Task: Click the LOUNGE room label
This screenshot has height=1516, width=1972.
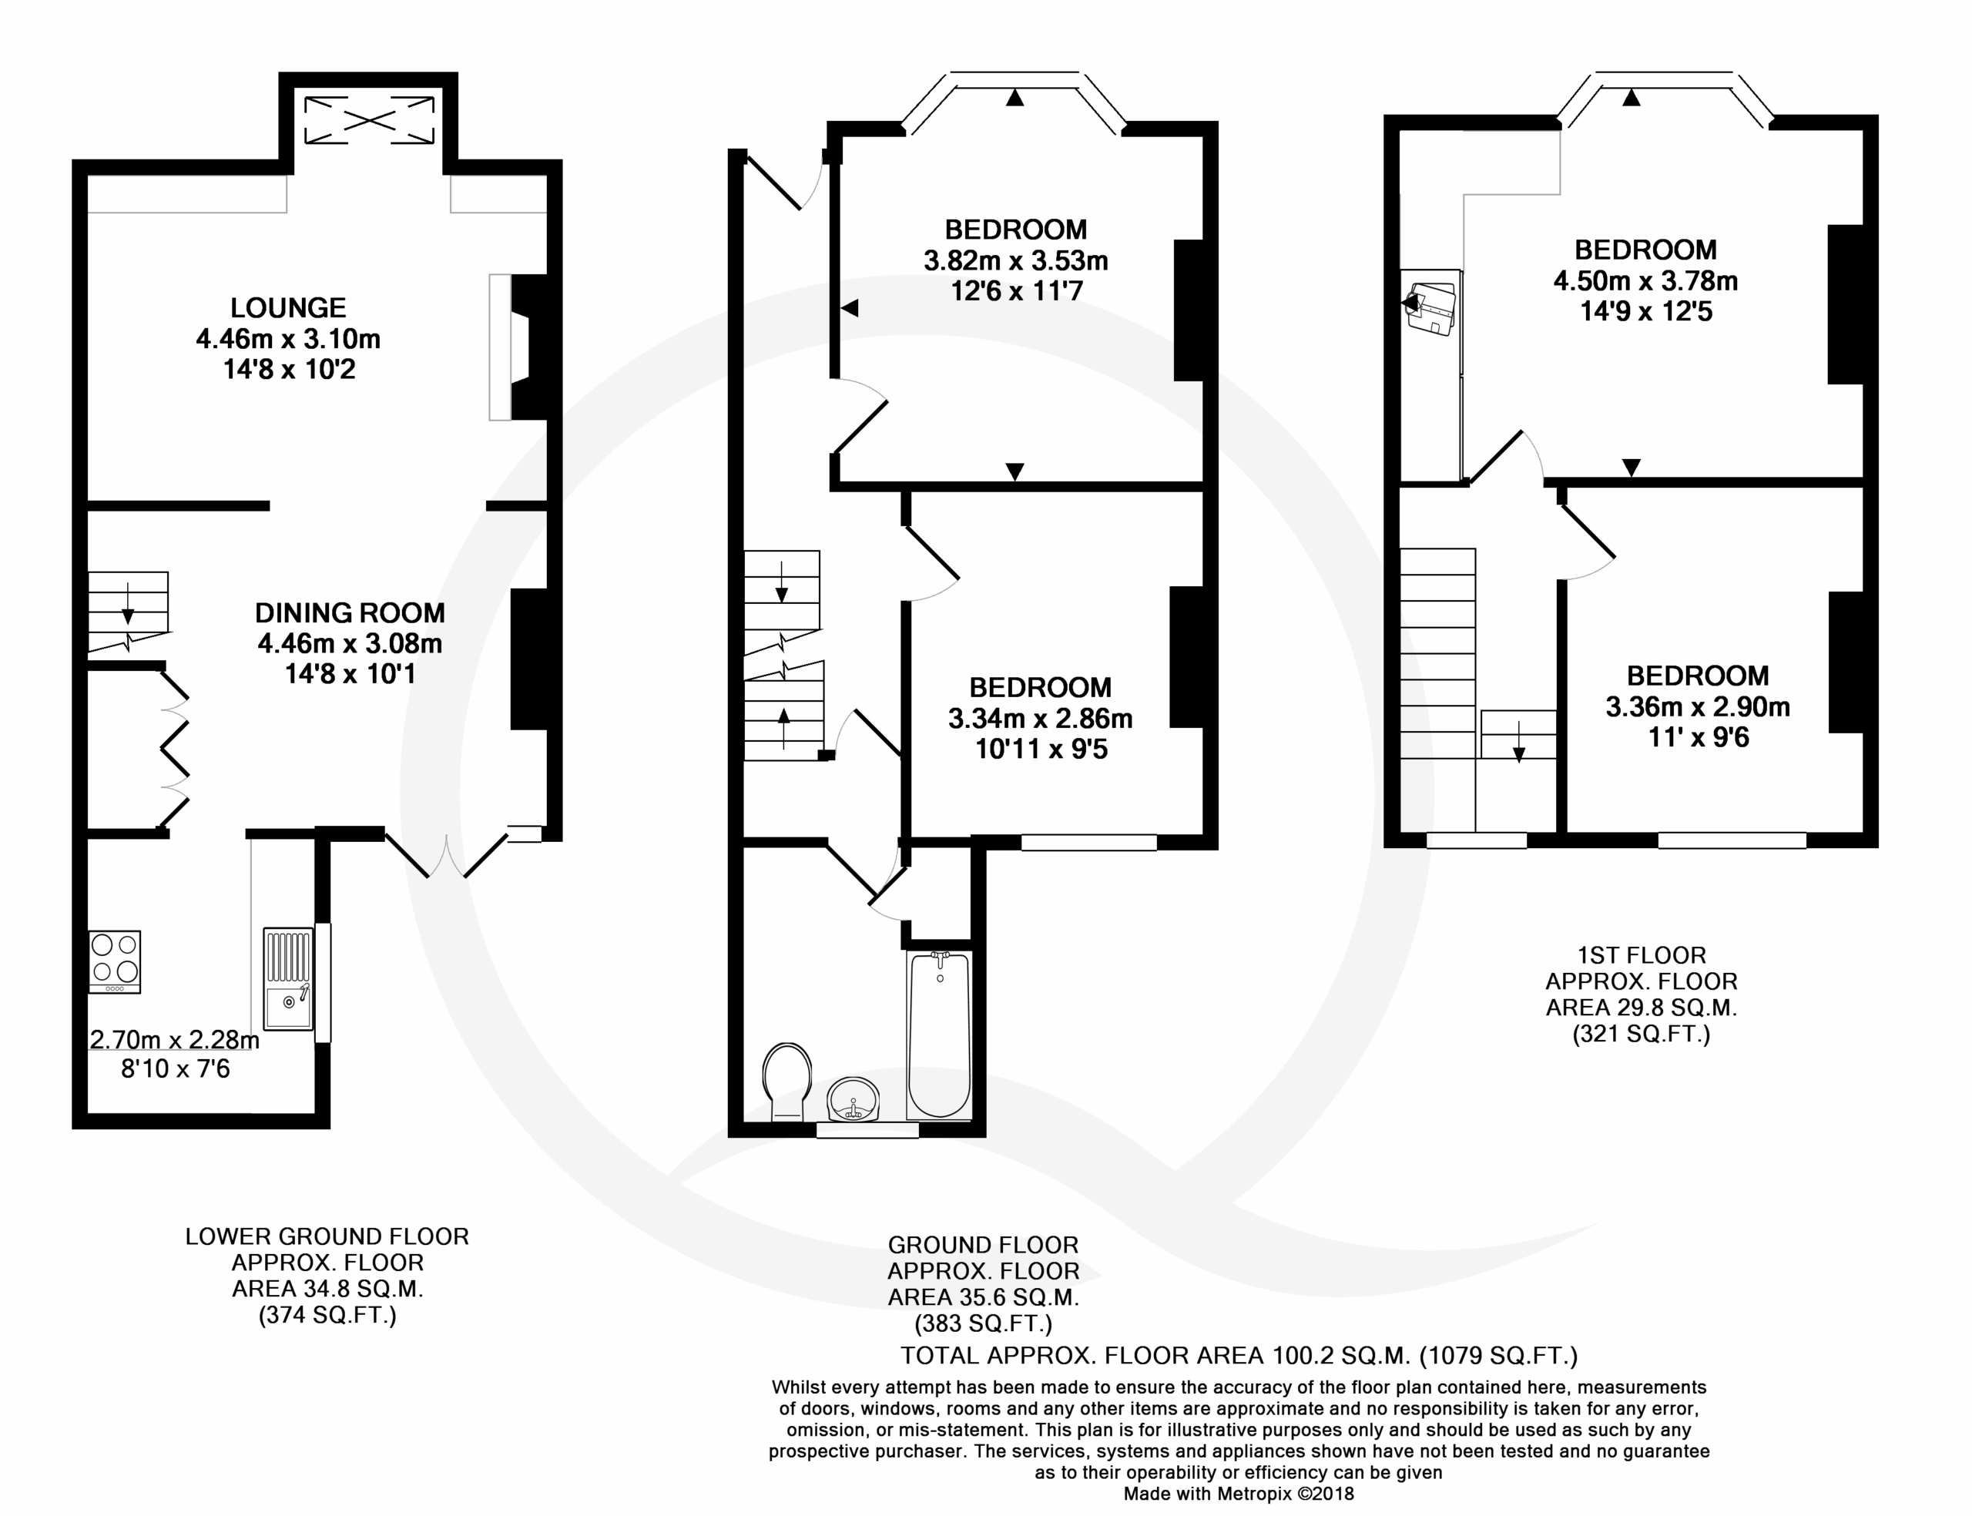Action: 288,307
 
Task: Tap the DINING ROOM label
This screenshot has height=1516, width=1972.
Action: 350,612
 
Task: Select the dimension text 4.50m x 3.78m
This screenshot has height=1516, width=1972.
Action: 1645,280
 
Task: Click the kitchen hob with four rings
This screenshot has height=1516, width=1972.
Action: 115,962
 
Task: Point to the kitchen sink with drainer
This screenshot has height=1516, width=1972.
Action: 288,978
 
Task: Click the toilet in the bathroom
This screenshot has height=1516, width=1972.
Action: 786,1082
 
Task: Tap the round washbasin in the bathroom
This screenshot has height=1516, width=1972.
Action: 853,1099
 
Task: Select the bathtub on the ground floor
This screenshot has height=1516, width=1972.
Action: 939,1035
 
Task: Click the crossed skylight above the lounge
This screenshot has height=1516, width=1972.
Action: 369,120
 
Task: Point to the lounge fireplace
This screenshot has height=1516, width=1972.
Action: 518,347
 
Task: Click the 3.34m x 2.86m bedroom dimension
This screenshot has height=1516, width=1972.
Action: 1039,718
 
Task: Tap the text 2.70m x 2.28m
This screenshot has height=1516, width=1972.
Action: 174,1039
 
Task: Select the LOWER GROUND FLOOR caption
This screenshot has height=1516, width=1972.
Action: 327,1236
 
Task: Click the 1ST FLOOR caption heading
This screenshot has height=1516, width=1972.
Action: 1641,954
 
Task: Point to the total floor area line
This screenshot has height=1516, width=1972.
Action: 1239,1355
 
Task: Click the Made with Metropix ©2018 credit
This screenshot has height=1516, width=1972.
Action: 1239,1494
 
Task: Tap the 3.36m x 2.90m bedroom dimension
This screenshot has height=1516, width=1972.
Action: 1697,706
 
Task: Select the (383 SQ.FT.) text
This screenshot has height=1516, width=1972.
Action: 983,1323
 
